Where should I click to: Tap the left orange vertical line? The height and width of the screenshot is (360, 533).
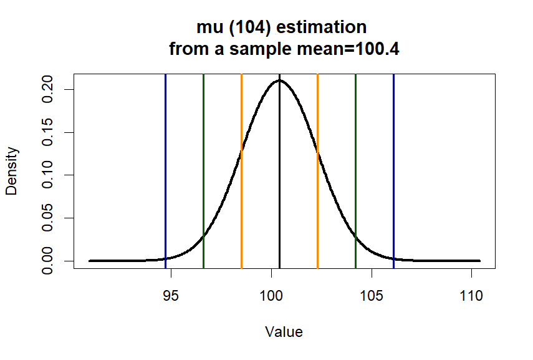click(x=241, y=187)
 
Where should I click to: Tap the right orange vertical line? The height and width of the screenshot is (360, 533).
click(x=317, y=187)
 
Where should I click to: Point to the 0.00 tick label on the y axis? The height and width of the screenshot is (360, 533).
click(x=47, y=260)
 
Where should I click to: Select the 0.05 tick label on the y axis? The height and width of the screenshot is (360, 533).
click(x=47, y=218)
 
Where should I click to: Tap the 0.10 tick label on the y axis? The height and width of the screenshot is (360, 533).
click(x=47, y=175)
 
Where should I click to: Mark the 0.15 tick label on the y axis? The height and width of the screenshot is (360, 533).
click(x=47, y=132)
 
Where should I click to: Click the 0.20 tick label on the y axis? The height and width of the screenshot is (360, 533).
click(x=47, y=89)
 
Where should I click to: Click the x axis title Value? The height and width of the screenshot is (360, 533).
click(x=284, y=332)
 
